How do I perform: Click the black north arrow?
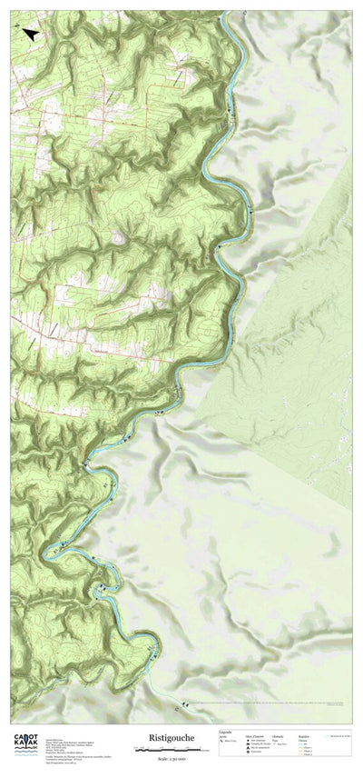30,34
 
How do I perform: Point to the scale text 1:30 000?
172,758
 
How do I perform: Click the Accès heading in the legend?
222,737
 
